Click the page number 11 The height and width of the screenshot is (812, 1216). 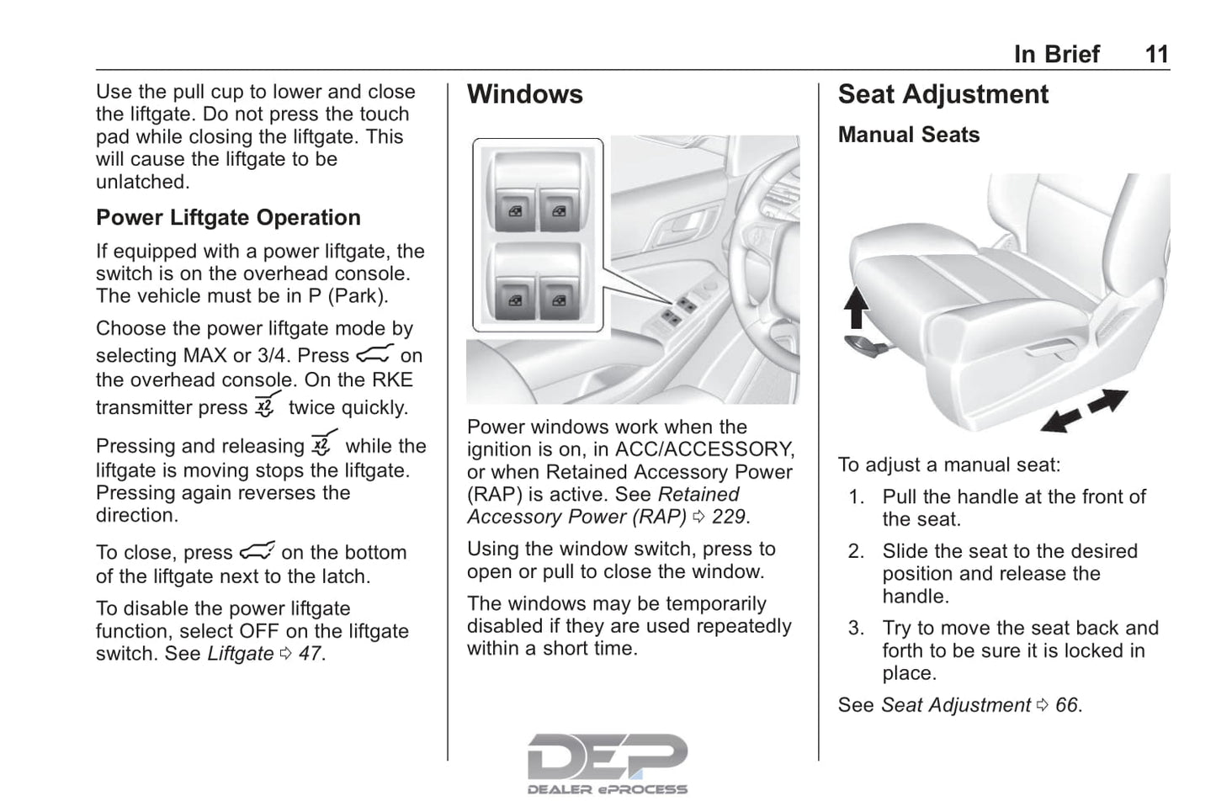pyautogui.click(x=1156, y=55)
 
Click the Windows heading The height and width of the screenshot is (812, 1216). pyautogui.click(x=524, y=94)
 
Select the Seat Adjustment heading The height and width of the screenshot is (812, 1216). pyautogui.click(x=943, y=94)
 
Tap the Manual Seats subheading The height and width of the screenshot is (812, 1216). pyautogui.click(x=908, y=135)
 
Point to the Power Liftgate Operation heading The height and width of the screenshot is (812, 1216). pyautogui.click(x=228, y=218)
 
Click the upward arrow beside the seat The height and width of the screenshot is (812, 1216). pyautogui.click(x=856, y=307)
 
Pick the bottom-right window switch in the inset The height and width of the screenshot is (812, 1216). pyautogui.click(x=558, y=299)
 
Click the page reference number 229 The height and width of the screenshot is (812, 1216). pyautogui.click(x=730, y=517)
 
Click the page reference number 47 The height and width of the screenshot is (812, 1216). pyautogui.click(x=310, y=654)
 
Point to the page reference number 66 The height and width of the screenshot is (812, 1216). pyautogui.click(x=1066, y=705)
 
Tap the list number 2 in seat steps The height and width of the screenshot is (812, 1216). pyautogui.click(x=856, y=551)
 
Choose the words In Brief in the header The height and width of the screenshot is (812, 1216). pyautogui.click(x=1056, y=55)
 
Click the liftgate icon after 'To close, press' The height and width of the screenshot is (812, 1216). pyautogui.click(x=257, y=551)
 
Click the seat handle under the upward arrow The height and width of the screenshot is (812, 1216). pyautogui.click(x=863, y=342)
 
